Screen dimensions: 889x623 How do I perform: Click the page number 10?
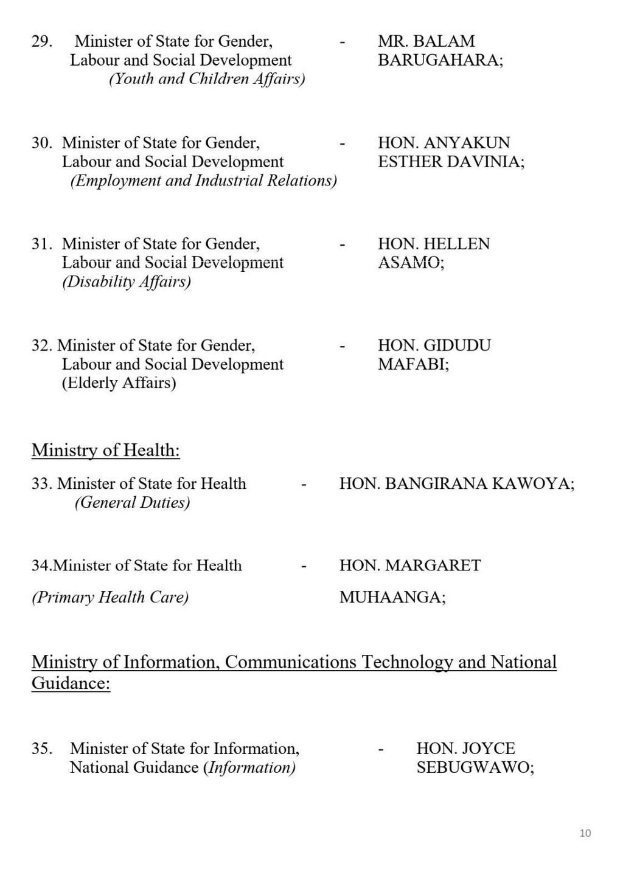pyautogui.click(x=585, y=833)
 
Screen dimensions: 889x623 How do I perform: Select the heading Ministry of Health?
pyautogui.click(x=106, y=451)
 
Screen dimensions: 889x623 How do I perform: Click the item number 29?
pyautogui.click(x=41, y=41)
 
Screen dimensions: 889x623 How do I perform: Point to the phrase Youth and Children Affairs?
pyautogui.click(x=207, y=79)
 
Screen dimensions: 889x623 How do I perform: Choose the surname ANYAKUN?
pyautogui.click(x=467, y=143)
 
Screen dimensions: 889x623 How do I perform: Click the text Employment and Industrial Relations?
pyautogui.click(x=204, y=181)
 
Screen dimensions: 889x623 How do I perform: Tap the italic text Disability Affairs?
pyautogui.click(x=127, y=282)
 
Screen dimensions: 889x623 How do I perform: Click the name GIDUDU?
pyautogui.click(x=457, y=345)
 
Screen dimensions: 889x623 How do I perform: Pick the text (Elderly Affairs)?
pyautogui.click(x=119, y=383)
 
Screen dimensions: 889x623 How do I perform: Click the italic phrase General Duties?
pyautogui.click(x=132, y=503)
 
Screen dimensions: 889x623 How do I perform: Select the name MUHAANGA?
pyautogui.click(x=392, y=597)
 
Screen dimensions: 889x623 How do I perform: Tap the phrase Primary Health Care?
pyautogui.click(x=110, y=597)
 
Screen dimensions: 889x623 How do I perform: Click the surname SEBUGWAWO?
pyautogui.click(x=474, y=767)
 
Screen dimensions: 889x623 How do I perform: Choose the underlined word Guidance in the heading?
pyautogui.click(x=71, y=683)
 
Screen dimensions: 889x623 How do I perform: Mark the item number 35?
pyautogui.click(x=41, y=749)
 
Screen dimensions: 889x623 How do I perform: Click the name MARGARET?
pyautogui.click(x=433, y=566)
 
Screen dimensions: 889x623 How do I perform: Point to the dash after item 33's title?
pyautogui.click(x=304, y=484)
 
